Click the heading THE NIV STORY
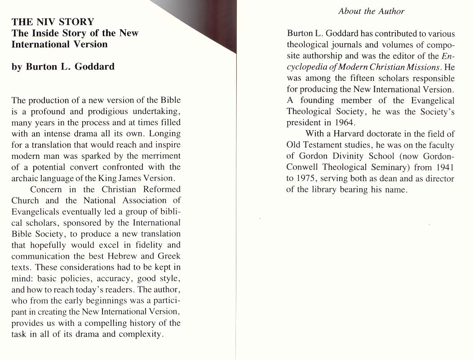pyautogui.click(x=53, y=22)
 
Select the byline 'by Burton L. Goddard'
pyautogui.click(x=63, y=66)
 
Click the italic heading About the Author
pyautogui.click(x=371, y=11)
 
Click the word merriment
pyautogui.click(x=159, y=156)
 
